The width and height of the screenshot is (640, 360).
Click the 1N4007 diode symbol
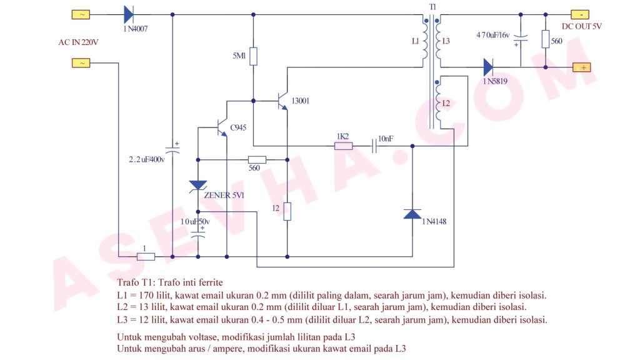pyautogui.click(x=129, y=14)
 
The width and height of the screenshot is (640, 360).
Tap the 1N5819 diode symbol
pyautogui.click(x=488, y=67)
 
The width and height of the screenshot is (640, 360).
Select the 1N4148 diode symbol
pyautogui.click(x=412, y=214)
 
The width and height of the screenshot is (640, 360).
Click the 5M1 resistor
pyautogui.click(x=253, y=57)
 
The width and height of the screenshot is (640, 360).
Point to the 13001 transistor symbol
pyautogui.click(x=282, y=100)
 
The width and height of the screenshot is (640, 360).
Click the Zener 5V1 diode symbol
pyautogui.click(x=198, y=185)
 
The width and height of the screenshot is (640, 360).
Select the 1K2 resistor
pyautogui.click(x=343, y=146)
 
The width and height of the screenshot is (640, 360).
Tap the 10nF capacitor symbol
pyautogui.click(x=375, y=146)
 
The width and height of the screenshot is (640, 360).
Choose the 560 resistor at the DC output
pyautogui.click(x=546, y=40)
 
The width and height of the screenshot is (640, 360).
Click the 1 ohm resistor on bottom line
pyautogui.click(x=145, y=256)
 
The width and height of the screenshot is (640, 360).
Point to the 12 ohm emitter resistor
pyautogui.click(x=287, y=212)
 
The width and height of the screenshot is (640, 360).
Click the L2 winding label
pyautogui.click(x=446, y=103)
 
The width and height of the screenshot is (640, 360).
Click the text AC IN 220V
pyautogui.click(x=79, y=42)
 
